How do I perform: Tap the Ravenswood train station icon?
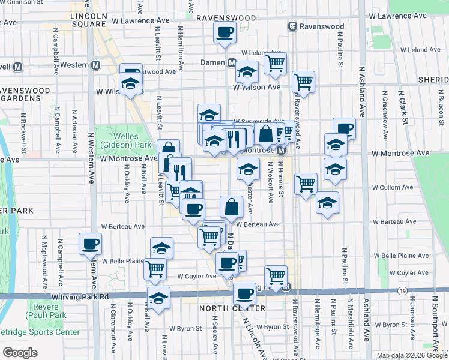(x=293, y=26)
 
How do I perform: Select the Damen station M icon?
(x=232, y=62)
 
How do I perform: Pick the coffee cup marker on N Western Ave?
(x=90, y=244)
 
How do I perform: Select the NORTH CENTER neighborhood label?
(x=224, y=308)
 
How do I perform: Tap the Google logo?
(x=20, y=353)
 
